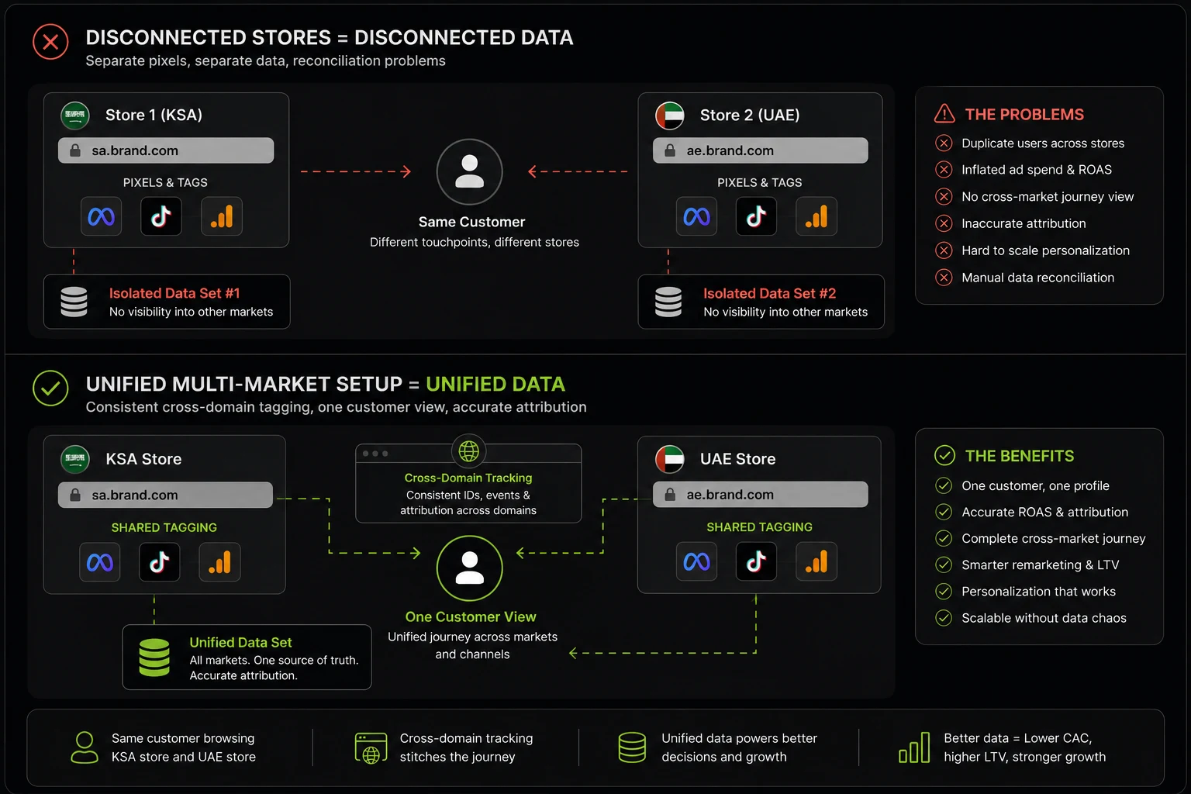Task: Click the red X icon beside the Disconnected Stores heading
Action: point(50,41)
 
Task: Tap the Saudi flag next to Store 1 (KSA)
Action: point(75,116)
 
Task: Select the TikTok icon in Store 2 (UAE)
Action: point(756,216)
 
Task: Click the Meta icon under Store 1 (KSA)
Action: point(101,216)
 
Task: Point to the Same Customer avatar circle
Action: point(469,172)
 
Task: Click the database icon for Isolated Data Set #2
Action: point(668,302)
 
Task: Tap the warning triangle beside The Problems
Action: point(944,114)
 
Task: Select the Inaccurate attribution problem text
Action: point(1024,223)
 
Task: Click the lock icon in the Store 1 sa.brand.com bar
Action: point(75,150)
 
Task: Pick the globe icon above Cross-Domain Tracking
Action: point(468,451)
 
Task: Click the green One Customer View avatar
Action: point(469,568)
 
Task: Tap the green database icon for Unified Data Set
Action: point(154,658)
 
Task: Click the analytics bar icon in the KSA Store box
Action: point(219,562)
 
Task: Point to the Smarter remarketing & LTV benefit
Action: point(1040,564)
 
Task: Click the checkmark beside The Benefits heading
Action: point(945,456)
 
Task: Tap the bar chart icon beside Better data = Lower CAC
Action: point(914,747)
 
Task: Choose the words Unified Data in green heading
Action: point(495,384)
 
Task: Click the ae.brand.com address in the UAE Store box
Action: point(730,495)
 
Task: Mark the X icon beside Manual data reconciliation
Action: point(944,278)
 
